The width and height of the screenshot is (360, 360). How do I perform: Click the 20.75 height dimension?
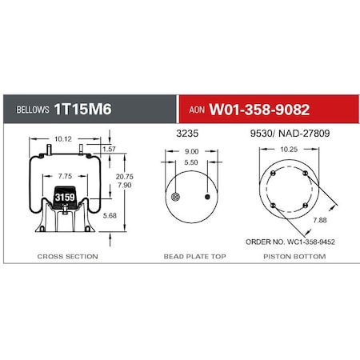pyautogui.click(x=123, y=175)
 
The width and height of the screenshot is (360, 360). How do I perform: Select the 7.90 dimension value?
pyautogui.click(x=123, y=185)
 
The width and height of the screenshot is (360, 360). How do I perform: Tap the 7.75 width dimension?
pyautogui.click(x=65, y=175)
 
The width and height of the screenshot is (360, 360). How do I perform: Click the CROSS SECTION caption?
pyautogui.click(x=67, y=257)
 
